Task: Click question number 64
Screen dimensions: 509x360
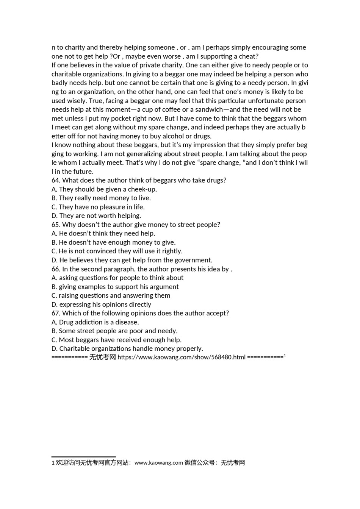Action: (56, 181)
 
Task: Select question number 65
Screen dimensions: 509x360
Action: (56, 225)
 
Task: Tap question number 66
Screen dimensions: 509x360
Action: (56, 269)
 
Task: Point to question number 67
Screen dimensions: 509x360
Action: (56, 314)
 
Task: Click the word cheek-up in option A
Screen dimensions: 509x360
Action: (142, 189)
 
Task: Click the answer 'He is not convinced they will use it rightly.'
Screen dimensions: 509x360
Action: (120, 251)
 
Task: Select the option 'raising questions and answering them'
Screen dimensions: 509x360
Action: (114, 296)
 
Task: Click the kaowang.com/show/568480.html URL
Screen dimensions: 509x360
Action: (182, 357)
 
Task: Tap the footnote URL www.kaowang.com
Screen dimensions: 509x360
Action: (159, 463)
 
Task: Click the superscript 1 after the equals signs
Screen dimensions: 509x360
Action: (285, 355)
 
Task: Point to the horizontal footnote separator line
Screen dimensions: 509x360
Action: (83, 457)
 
